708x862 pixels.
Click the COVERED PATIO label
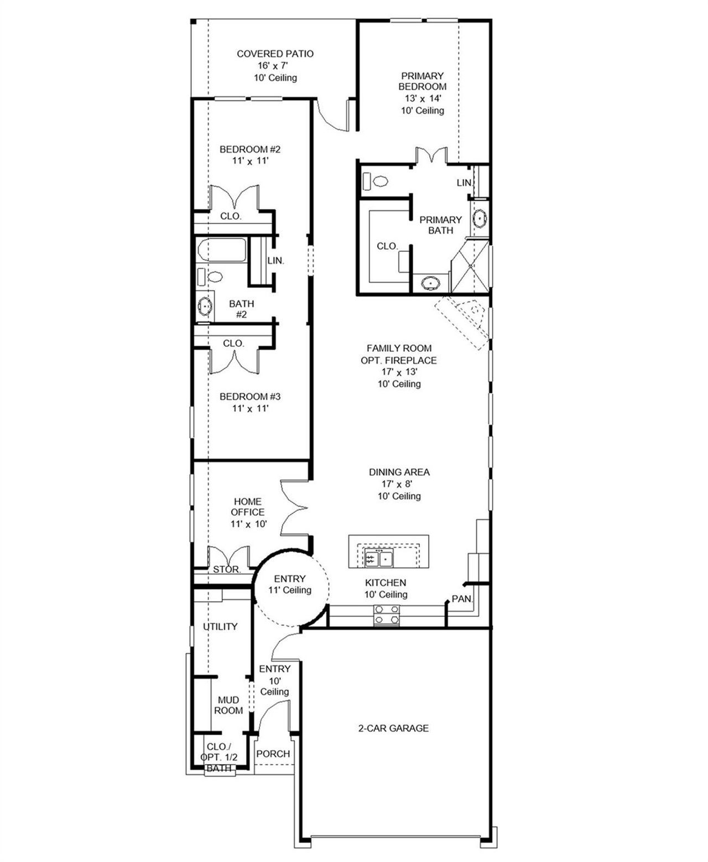click(275, 54)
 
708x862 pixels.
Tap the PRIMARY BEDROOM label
click(423, 81)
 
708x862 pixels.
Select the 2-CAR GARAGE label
click(393, 728)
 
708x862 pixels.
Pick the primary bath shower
click(470, 268)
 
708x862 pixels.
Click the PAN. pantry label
click(462, 599)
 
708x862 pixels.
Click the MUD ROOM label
click(228, 705)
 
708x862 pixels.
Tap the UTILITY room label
click(220, 626)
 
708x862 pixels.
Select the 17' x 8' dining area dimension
click(399, 484)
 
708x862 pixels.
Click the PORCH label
click(273, 754)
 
